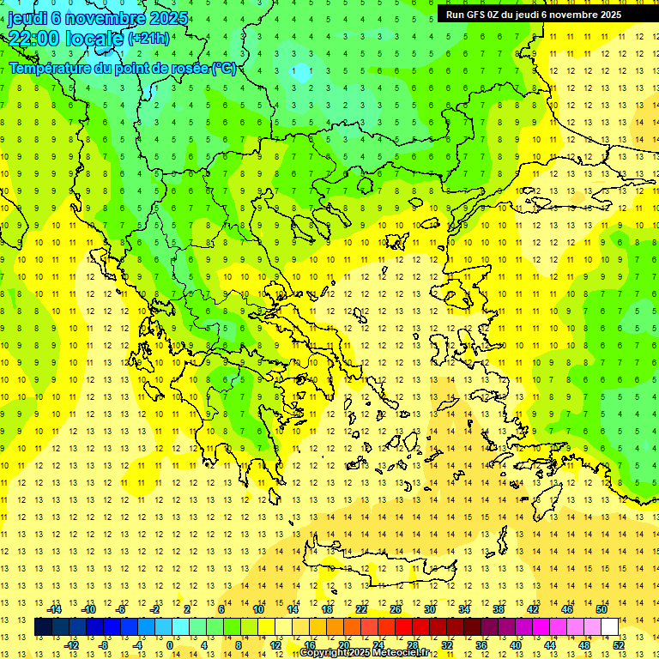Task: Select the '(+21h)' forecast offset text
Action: tap(148, 39)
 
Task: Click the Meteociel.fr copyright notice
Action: tap(370, 653)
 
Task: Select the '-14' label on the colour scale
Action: tap(57, 609)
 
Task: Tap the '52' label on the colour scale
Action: tap(619, 644)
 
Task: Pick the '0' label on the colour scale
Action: tap(169, 644)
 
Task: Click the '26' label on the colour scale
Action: tap(396, 609)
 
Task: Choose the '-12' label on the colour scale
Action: tap(72, 644)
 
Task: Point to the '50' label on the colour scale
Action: tap(602, 609)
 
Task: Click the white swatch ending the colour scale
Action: tap(610, 626)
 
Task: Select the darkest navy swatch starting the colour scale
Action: tap(43, 626)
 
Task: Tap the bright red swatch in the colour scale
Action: tap(404, 626)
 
